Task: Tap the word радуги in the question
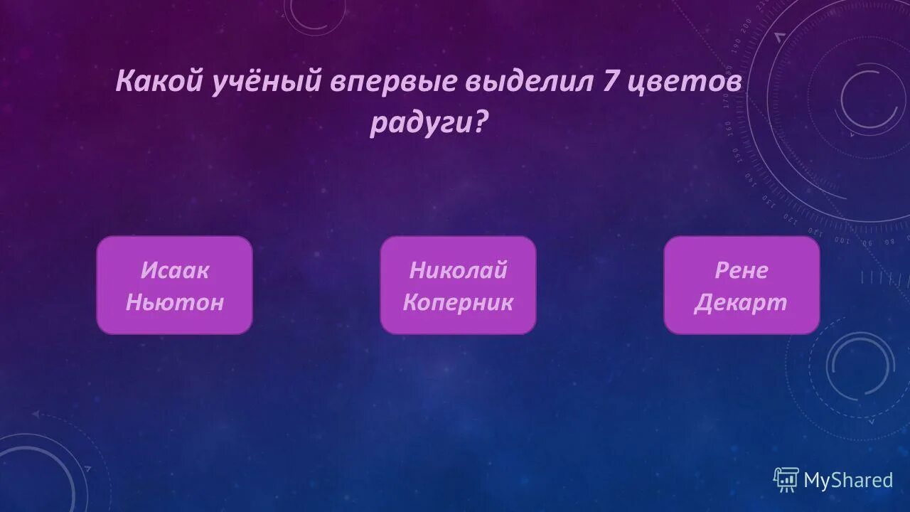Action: click(419, 122)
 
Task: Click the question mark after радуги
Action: click(481, 122)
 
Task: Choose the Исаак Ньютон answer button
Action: click(175, 285)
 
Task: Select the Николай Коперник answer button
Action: click(458, 285)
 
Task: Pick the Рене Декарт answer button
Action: click(742, 285)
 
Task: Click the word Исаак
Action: click(175, 270)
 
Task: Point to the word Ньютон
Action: click(175, 302)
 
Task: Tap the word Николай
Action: click(458, 270)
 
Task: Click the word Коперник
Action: click(458, 302)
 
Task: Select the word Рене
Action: click(742, 270)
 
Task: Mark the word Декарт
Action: click(742, 302)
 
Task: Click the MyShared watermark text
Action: click(848, 480)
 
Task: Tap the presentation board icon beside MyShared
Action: click(786, 480)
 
